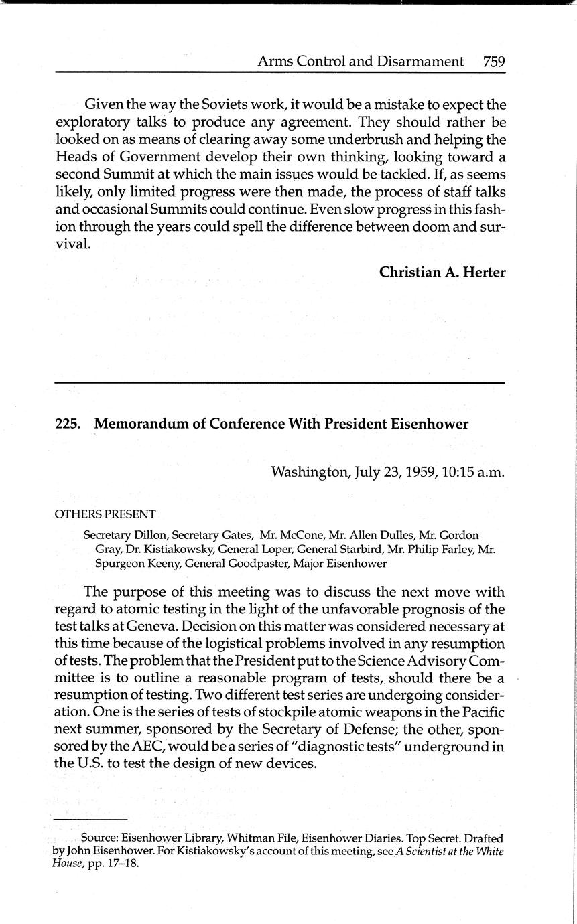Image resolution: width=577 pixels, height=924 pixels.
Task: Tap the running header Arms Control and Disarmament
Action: [x=361, y=62]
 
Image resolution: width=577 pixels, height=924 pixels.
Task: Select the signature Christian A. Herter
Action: [x=442, y=272]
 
